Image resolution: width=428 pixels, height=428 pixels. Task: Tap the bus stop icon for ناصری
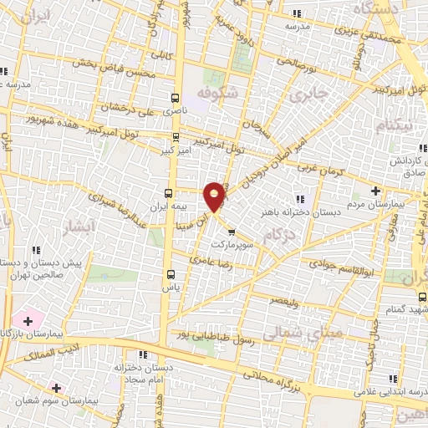175,98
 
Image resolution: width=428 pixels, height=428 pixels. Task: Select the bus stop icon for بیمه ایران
170,191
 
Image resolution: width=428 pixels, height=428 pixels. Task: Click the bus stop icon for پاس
172,274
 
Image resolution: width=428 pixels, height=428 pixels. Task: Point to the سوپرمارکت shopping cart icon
232,210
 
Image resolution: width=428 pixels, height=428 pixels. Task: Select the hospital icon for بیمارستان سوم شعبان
56,387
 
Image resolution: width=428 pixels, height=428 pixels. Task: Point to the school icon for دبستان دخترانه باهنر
298,198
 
